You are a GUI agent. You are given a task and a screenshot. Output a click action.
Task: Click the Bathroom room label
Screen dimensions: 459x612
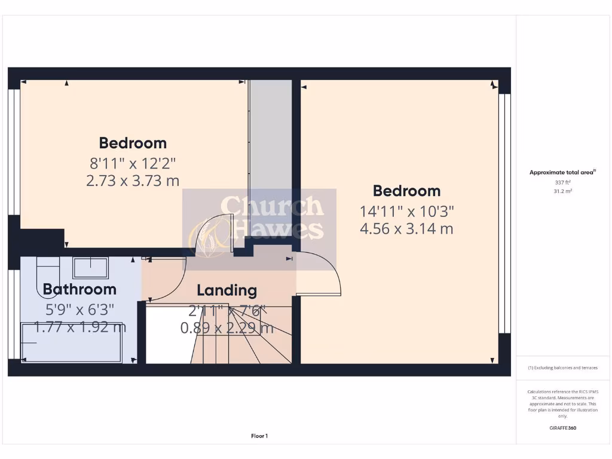click(x=79, y=289)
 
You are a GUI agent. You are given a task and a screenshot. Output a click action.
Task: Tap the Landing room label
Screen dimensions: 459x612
click(x=227, y=291)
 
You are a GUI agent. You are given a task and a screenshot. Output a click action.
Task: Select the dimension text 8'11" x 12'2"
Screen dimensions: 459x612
click(x=133, y=162)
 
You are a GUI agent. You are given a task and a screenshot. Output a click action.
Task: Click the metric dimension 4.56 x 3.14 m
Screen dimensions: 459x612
click(x=406, y=228)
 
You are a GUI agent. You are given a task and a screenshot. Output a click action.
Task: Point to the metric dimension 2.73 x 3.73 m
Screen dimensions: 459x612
click(x=133, y=180)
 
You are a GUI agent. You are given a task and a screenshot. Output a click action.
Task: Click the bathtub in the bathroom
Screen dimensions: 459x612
click(x=72, y=342)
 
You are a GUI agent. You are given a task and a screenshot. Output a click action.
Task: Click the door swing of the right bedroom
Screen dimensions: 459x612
click(x=320, y=275)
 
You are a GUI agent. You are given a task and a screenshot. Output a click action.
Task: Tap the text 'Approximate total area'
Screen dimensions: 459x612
click(x=562, y=173)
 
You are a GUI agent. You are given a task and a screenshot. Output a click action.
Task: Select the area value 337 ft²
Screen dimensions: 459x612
click(x=562, y=183)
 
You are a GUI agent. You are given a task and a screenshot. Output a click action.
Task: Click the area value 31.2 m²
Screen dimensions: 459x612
click(x=562, y=191)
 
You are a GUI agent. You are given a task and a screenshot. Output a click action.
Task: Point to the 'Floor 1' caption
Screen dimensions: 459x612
click(x=259, y=436)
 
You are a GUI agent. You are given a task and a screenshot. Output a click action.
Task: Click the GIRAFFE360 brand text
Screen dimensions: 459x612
click(x=562, y=428)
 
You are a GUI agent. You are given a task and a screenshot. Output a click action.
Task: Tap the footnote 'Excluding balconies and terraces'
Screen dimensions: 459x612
click(x=562, y=368)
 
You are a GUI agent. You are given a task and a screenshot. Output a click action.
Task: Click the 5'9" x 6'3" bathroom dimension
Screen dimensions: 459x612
click(x=79, y=309)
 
